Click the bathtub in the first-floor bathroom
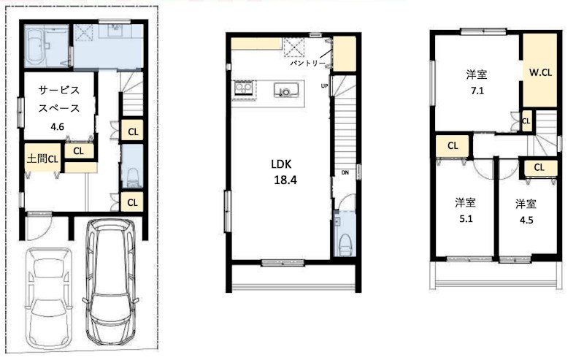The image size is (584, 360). tap(36, 46)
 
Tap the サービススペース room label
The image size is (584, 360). tap(59, 99)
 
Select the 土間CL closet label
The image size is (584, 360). tap(42, 159)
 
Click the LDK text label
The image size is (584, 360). tap(281, 164)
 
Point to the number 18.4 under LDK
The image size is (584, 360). tap(285, 180)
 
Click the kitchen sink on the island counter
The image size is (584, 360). tap(286, 91)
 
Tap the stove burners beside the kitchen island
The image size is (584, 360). tap(243, 89)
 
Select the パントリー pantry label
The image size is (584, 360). tap(307, 64)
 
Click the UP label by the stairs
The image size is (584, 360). tap(324, 86)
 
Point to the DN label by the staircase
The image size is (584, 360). tap(345, 172)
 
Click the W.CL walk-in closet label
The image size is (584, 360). tap(540, 73)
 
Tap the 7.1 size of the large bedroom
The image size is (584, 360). tap(477, 91)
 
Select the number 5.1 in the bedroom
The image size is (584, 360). tap(466, 219)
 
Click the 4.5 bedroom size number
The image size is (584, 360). tap(526, 221)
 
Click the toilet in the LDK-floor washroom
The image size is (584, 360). tap(345, 244)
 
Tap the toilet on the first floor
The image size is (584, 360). tap(132, 177)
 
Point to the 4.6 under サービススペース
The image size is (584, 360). tap(57, 127)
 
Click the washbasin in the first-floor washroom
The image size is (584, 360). tap(115, 30)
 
